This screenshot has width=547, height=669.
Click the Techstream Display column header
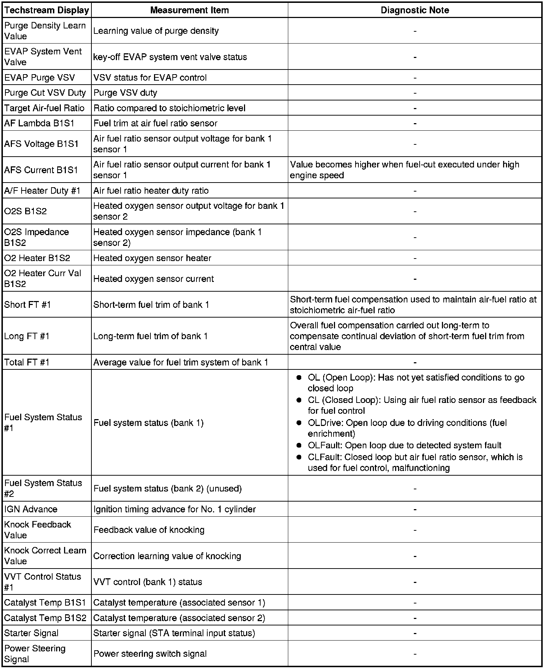(47, 10)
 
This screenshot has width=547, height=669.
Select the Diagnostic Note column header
(415, 10)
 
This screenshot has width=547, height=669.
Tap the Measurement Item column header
(189, 10)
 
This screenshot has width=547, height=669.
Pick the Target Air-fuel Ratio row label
(44, 108)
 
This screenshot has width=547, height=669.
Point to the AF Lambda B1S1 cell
(39, 123)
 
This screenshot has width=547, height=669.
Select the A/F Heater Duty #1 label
(42, 190)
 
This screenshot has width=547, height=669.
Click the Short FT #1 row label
(28, 305)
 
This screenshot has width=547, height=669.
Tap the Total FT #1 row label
(27, 362)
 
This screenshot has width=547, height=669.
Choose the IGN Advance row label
(31, 509)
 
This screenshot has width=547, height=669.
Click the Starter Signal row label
(31, 633)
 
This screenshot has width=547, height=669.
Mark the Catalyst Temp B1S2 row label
(45, 618)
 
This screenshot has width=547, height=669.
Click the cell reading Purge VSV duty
(125, 93)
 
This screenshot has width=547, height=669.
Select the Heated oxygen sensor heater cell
(152, 258)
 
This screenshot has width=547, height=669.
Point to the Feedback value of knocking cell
(149, 530)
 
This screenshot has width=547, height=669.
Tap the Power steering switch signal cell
(150, 654)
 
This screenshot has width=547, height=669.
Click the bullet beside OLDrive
(299, 423)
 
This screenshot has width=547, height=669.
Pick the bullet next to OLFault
(299, 445)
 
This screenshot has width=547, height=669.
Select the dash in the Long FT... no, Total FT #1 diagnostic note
(415, 362)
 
